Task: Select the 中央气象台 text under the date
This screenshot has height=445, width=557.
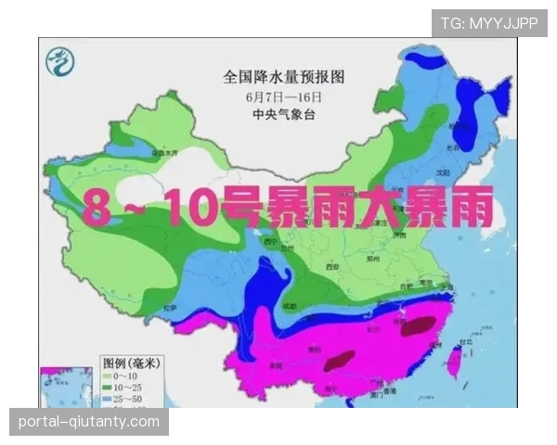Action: coord(278,115)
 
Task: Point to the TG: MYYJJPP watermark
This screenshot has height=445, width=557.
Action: coord(488,23)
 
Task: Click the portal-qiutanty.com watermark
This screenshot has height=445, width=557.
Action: coord(89,422)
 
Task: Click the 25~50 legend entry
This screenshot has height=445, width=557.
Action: coord(126,398)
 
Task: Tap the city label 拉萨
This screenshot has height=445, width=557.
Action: coord(169,307)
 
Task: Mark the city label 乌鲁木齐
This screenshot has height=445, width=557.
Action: coord(167,152)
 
